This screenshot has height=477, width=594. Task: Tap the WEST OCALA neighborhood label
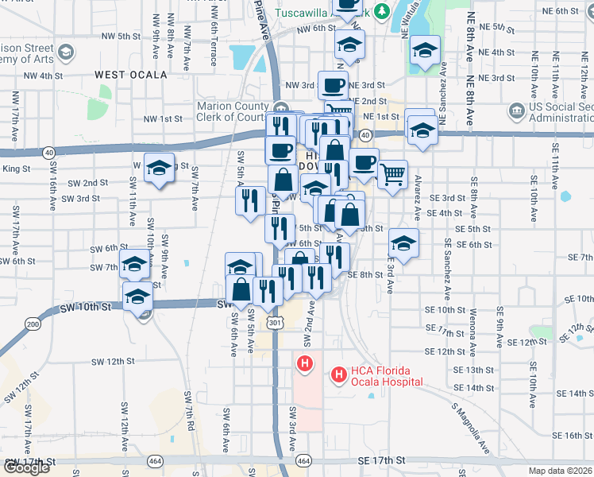[131, 75]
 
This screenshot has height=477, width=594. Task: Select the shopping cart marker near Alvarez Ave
[392, 173]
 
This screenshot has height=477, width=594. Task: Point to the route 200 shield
[33, 324]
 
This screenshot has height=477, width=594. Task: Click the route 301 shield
[275, 323]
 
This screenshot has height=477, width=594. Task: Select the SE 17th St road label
[382, 460]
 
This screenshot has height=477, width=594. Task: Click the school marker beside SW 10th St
[137, 297]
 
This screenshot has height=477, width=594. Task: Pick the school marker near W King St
[160, 167]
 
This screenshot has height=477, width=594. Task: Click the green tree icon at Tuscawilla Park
[382, 11]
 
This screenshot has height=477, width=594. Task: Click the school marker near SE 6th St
[403, 244]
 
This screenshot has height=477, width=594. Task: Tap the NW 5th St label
[118, 37]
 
